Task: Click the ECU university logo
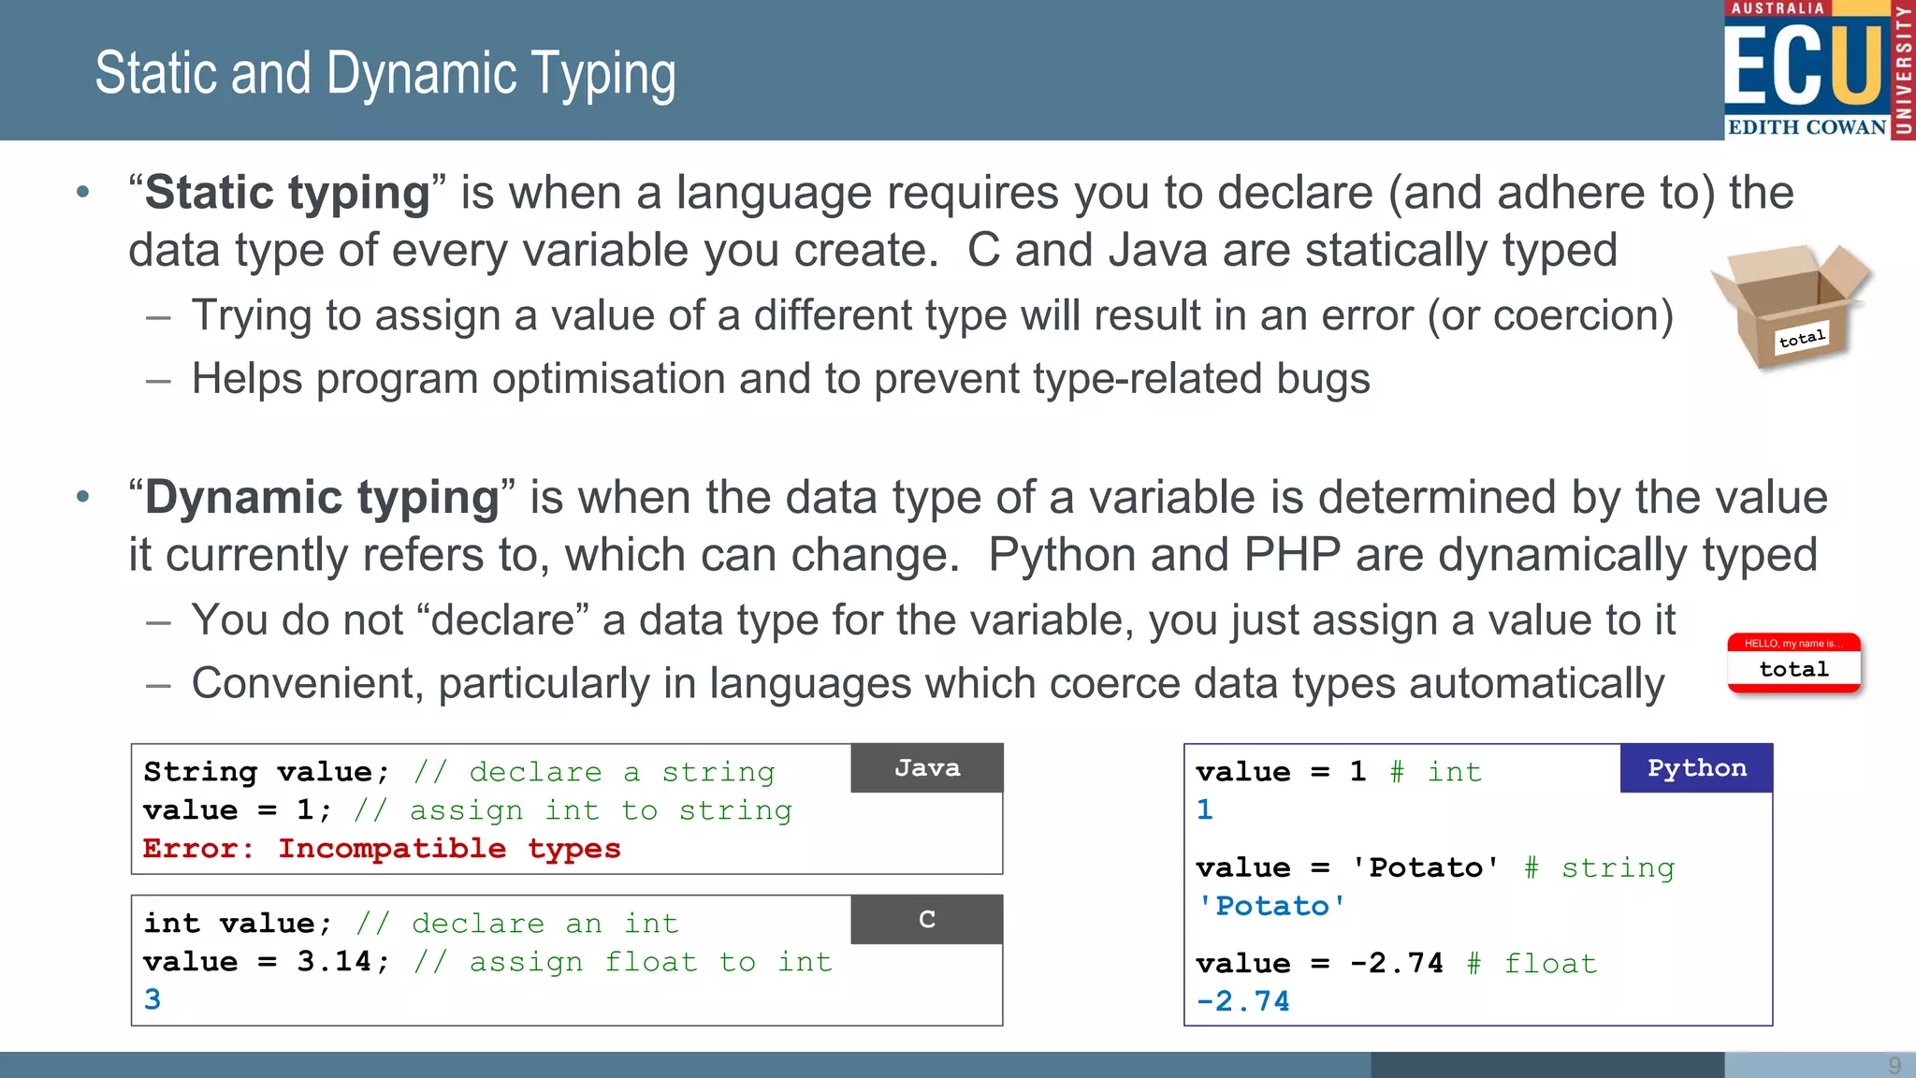[x=1818, y=70]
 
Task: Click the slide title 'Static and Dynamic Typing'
[x=385, y=74]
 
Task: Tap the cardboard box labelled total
[x=1790, y=305]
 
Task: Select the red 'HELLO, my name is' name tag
[x=1793, y=663]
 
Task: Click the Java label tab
[x=926, y=768]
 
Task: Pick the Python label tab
[x=1696, y=768]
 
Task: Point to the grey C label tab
[x=926, y=920]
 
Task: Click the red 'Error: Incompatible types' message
[x=382, y=849]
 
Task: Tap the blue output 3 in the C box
[x=152, y=999]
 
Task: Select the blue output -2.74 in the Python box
[x=1242, y=1001]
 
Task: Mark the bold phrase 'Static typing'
[x=287, y=193]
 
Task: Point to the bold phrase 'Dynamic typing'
[x=322, y=497]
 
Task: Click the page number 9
[x=1894, y=1065]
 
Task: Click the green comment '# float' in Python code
[x=1531, y=963]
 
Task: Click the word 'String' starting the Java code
[x=200, y=772]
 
